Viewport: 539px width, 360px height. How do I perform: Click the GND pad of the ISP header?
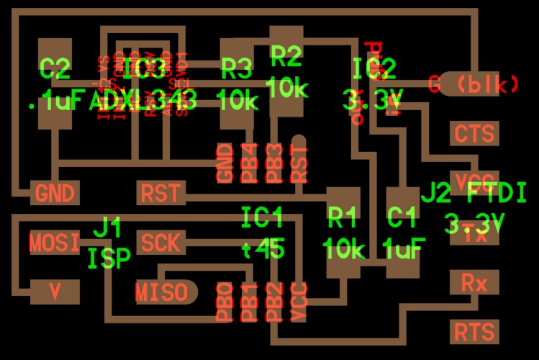tap(55, 193)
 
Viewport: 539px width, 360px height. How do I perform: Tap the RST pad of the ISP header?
tap(160, 193)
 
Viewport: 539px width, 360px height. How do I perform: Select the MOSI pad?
tap(55, 243)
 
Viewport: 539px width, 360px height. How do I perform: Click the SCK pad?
tap(160, 243)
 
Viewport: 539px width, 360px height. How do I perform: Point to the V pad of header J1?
tap(55, 292)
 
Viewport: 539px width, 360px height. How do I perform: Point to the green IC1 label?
tap(262, 217)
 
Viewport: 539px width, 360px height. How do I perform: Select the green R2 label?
tap(286, 54)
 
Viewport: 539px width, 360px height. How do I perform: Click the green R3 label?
tap(237, 70)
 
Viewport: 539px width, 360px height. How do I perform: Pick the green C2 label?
tap(55, 70)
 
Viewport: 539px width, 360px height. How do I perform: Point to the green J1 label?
tap(108, 229)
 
